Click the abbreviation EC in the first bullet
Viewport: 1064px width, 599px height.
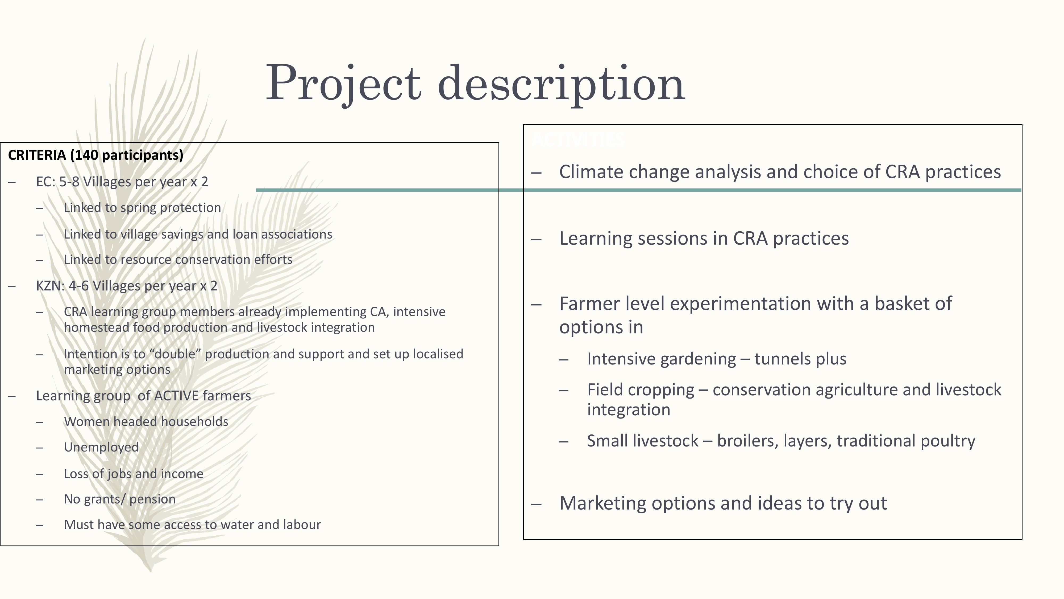[44, 182]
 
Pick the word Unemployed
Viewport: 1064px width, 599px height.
[101, 447]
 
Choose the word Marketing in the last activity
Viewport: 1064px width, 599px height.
[601, 503]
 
